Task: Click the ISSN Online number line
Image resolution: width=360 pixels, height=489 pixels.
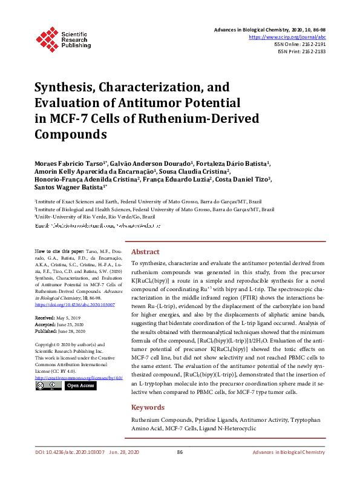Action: pyautogui.click(x=301, y=44)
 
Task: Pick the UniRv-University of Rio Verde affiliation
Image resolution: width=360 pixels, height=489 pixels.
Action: pyautogui.click(x=95, y=216)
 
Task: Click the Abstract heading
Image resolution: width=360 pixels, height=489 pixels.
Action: pyautogui.click(x=145, y=252)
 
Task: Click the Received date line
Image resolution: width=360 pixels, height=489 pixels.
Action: pyautogui.click(x=57, y=317)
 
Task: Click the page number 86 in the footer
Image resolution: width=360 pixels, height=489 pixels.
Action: pyautogui.click(x=180, y=469)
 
